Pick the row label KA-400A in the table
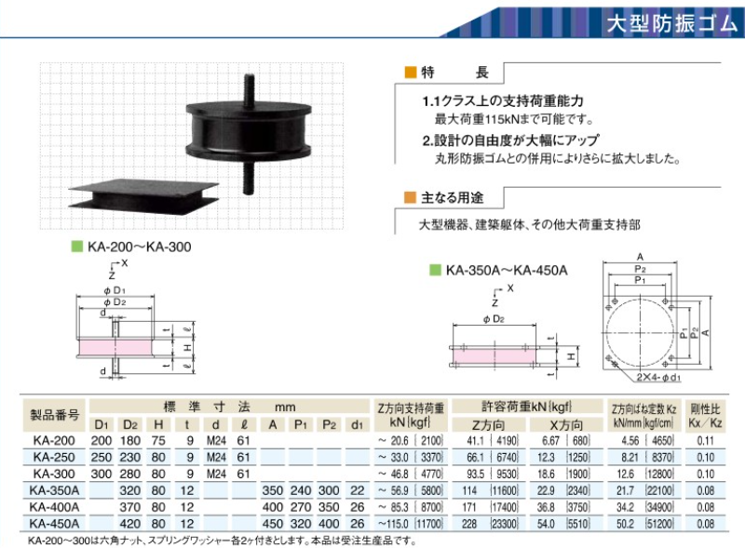[54, 507]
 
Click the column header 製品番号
[54, 415]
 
